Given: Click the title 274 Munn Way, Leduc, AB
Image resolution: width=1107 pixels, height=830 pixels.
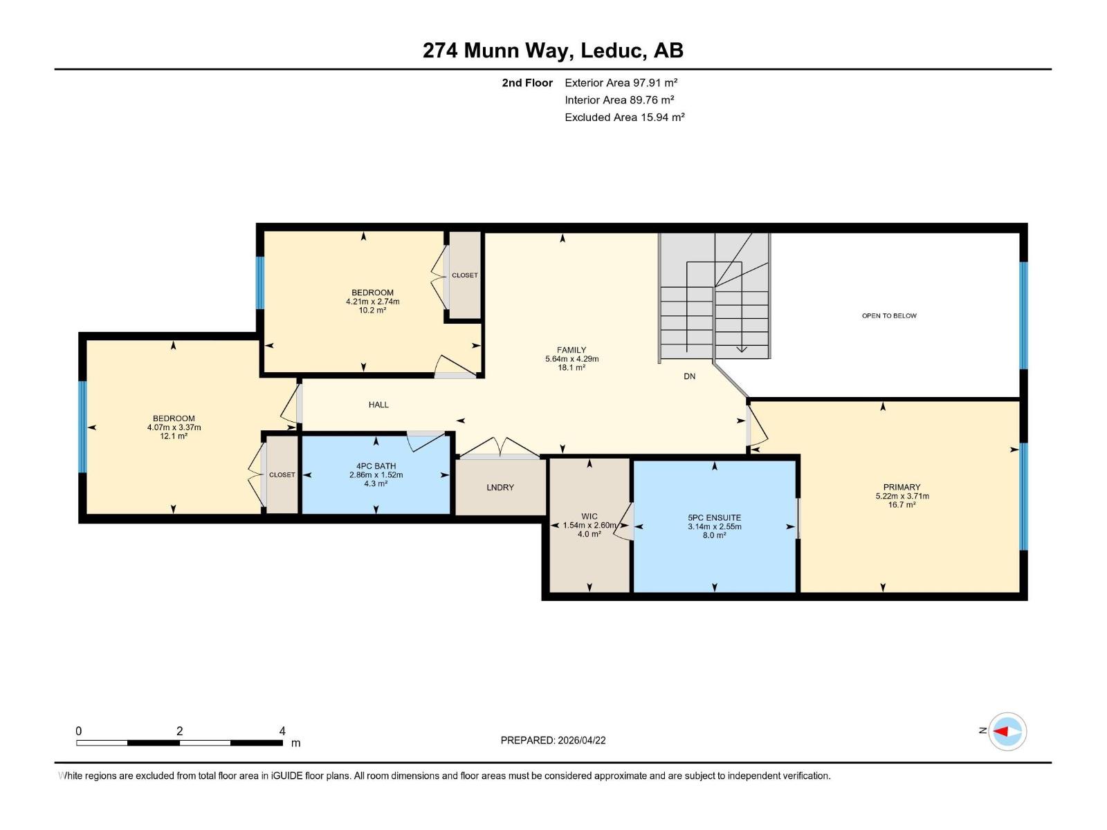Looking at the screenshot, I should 553,50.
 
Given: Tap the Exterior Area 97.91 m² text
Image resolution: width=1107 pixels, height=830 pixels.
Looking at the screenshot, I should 621,83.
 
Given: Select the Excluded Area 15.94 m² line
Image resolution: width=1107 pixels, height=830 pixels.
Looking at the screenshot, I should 624,118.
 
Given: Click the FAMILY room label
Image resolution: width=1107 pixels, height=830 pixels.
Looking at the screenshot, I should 571,350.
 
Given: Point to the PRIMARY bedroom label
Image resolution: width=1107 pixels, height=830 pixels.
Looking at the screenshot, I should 902,487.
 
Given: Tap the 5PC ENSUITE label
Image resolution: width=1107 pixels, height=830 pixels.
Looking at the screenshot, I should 714,517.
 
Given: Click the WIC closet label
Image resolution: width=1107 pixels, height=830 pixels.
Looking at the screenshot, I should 589,516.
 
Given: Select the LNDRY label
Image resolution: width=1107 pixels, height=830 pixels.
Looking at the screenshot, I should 500,488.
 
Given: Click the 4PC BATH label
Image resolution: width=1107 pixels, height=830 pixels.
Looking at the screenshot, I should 376,466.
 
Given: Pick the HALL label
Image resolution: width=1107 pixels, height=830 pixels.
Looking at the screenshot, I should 378,405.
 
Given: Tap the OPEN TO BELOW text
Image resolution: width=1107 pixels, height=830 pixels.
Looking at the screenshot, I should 888,316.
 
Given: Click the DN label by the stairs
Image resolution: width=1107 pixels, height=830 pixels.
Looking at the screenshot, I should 689,376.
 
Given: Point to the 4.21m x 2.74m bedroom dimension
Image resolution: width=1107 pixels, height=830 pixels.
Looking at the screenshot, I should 372,302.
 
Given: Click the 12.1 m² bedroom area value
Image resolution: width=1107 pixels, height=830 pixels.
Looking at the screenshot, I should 174,436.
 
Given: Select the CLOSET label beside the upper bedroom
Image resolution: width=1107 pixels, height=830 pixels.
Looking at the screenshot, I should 464,275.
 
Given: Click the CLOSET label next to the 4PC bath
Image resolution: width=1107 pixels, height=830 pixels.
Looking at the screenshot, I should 282,475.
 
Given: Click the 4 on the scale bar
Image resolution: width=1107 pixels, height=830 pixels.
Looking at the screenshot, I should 282,731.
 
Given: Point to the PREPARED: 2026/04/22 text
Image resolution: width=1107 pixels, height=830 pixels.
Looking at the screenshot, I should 553,740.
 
